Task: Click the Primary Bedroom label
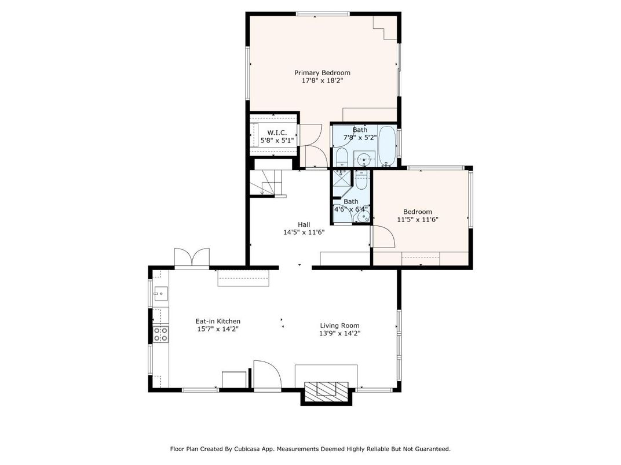coord(322,73)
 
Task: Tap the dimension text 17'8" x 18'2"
coord(322,81)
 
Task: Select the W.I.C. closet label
coord(277,132)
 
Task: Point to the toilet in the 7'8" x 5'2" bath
coord(341,157)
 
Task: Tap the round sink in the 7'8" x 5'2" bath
coord(364,158)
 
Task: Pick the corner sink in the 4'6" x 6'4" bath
coord(363,217)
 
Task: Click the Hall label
coord(304,224)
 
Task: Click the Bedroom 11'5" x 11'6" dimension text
coord(417,220)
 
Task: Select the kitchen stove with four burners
coord(160,334)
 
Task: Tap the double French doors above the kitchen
coord(192,257)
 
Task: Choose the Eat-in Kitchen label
coord(217,322)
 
